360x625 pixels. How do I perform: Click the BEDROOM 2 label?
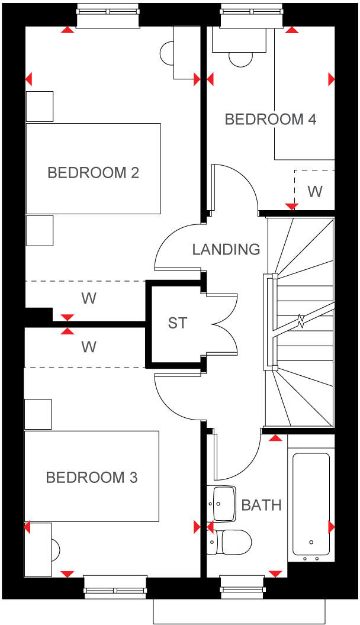[93, 173]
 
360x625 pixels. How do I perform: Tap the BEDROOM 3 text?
[92, 477]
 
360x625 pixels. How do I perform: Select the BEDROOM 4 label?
[271, 120]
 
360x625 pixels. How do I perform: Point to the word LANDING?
[226, 249]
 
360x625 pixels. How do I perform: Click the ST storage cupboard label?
[177, 323]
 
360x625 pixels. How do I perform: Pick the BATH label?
[261, 505]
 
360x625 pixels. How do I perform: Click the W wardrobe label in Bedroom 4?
[315, 192]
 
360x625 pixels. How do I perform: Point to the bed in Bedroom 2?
[93, 168]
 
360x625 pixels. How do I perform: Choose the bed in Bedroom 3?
[92, 476]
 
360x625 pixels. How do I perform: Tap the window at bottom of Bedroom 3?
[115, 585]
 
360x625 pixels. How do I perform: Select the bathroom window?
[249, 585]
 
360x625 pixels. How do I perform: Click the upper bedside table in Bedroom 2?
[40, 105]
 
